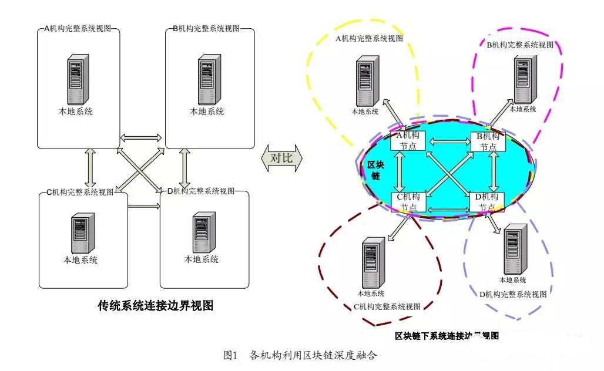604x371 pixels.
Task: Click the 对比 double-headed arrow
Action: pyautogui.click(x=281, y=158)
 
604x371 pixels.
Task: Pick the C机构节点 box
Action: pyautogui.click(x=408, y=201)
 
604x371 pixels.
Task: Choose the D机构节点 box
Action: pyautogui.click(x=486, y=201)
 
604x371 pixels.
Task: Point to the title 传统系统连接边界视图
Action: pyautogui.click(x=155, y=306)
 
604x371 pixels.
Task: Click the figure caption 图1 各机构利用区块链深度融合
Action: pyautogui.click(x=300, y=355)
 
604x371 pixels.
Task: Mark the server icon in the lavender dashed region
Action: pyautogui.click(x=512, y=249)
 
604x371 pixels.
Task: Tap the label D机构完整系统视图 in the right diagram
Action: pyautogui.click(x=513, y=294)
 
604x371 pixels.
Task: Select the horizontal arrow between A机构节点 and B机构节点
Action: pyautogui.click(x=448, y=141)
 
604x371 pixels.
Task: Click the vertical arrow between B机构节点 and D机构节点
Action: pyautogui.click(x=494, y=171)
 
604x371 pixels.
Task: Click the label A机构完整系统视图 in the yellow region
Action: pyautogui.click(x=370, y=39)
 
